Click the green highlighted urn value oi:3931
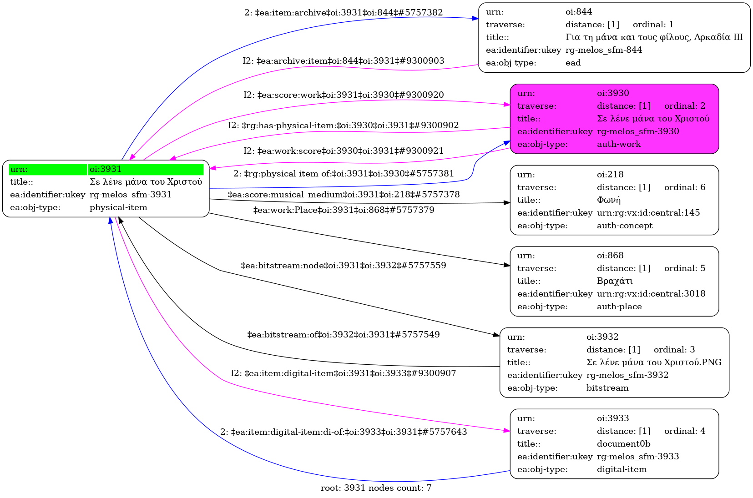tap(106, 169)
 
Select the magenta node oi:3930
tap(614, 119)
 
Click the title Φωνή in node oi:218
tap(609, 200)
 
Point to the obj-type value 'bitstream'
tap(607, 388)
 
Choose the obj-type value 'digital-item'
tap(622, 469)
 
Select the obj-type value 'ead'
tap(573, 63)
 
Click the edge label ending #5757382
tap(344, 13)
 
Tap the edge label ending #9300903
tap(344, 61)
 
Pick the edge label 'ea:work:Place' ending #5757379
tap(344, 210)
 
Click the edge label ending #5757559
tap(344, 266)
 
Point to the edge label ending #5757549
tap(344, 335)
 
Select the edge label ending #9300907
tap(344, 373)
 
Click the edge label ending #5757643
tap(344, 432)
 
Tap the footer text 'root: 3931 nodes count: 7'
tap(376, 488)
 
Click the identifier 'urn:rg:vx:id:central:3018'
tap(651, 294)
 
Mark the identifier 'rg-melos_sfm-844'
tap(604, 50)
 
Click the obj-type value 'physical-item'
tap(118, 207)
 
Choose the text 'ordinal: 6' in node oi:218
tap(685, 187)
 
